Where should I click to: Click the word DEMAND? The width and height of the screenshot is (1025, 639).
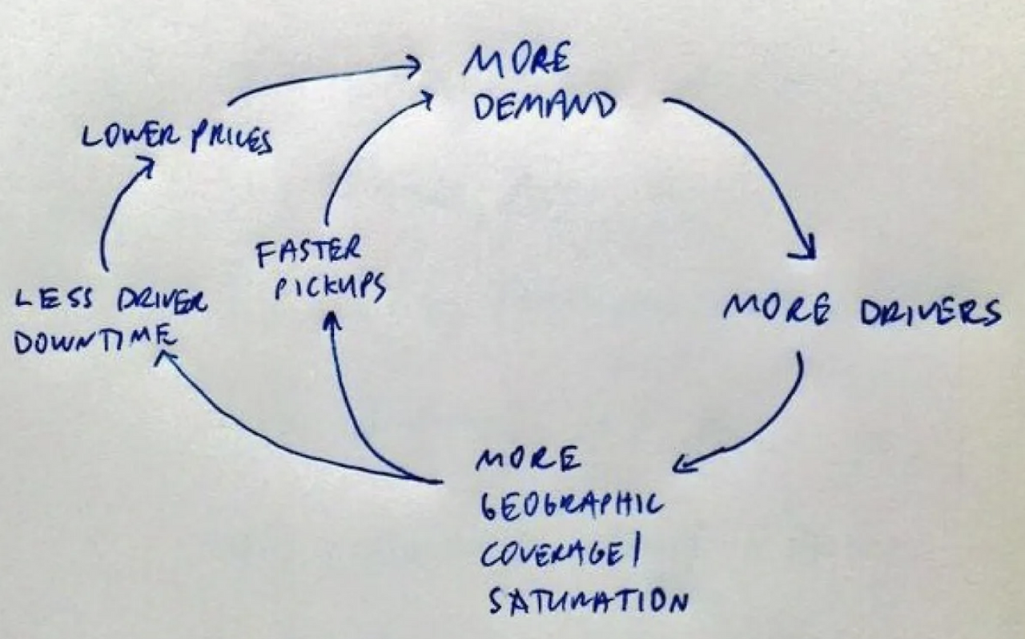coord(545,106)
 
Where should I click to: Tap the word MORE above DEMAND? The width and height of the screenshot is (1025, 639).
coord(517,61)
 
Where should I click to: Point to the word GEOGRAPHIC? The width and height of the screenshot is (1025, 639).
coord(570,506)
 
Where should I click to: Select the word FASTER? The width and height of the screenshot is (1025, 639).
coord(307,252)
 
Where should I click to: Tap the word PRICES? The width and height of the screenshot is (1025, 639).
coord(231,140)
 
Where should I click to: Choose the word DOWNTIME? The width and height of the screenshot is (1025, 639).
coord(94,342)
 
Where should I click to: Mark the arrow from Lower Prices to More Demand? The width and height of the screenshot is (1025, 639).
coord(320,77)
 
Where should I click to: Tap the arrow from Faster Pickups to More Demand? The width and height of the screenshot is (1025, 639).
coord(360,152)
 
